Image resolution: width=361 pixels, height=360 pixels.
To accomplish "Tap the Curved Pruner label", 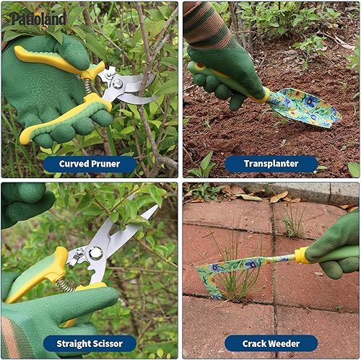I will point(89,164).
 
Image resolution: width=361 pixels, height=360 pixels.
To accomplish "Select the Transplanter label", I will point(271,164).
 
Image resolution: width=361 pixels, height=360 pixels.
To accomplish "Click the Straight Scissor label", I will point(89,343).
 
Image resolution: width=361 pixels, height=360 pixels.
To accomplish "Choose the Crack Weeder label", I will point(271,343).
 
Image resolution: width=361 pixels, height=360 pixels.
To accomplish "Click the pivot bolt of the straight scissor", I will point(95,253).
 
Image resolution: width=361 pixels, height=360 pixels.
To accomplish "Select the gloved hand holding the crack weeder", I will point(338,245).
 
